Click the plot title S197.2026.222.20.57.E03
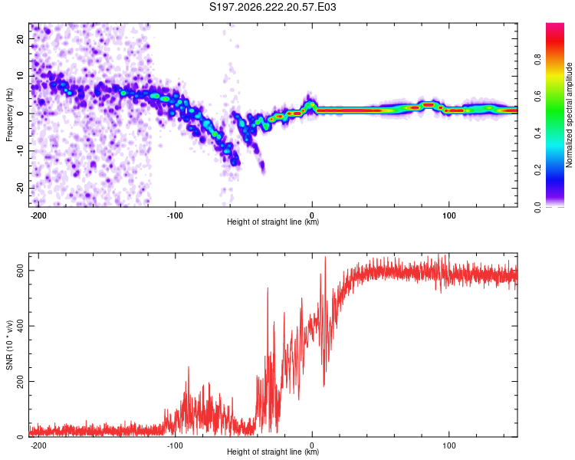pos(272,7)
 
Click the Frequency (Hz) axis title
pos(9,115)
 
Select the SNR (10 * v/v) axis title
pos(9,345)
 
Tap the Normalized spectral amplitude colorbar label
pos(569,115)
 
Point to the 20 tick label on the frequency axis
pos(20,38)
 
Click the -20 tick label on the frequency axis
pos(20,188)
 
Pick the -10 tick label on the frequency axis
pos(20,151)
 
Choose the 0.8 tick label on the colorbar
pos(537,59)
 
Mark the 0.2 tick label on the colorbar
pos(537,170)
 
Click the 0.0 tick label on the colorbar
pos(537,207)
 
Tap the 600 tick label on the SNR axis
pos(20,271)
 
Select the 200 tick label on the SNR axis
pos(20,382)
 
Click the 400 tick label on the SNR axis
pos(20,326)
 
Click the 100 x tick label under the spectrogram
pos(449,215)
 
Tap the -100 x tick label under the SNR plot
pos(175,445)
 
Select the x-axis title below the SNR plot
pos(273,452)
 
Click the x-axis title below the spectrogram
pos(273,222)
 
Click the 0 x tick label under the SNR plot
pos(312,445)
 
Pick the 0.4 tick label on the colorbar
pos(537,133)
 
